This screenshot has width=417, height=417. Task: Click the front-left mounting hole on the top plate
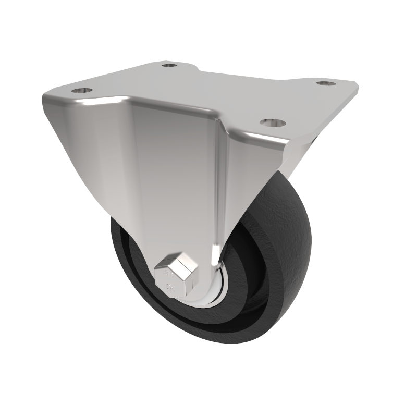[82, 91]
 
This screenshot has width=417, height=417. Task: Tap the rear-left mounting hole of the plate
[169, 65]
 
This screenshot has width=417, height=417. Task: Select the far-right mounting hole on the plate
[325, 82]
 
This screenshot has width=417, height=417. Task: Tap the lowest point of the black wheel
[229, 343]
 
